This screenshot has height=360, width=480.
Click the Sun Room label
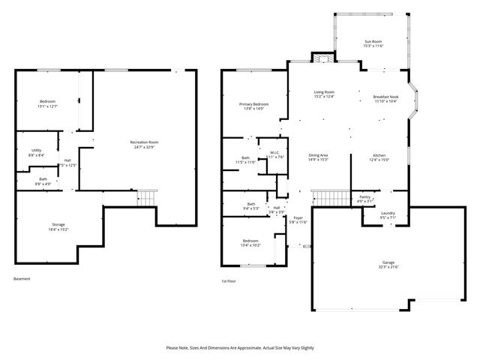point(373,43)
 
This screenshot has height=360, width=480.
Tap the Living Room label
point(324,94)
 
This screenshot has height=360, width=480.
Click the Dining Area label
point(319,157)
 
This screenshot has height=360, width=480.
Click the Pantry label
point(365,198)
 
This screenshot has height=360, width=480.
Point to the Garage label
point(388,265)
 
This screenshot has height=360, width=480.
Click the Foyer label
point(299,220)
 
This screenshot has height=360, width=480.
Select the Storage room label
point(58,226)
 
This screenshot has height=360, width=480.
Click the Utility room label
point(37,153)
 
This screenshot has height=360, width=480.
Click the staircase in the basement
point(146,198)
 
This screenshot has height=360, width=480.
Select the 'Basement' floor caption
point(22,279)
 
